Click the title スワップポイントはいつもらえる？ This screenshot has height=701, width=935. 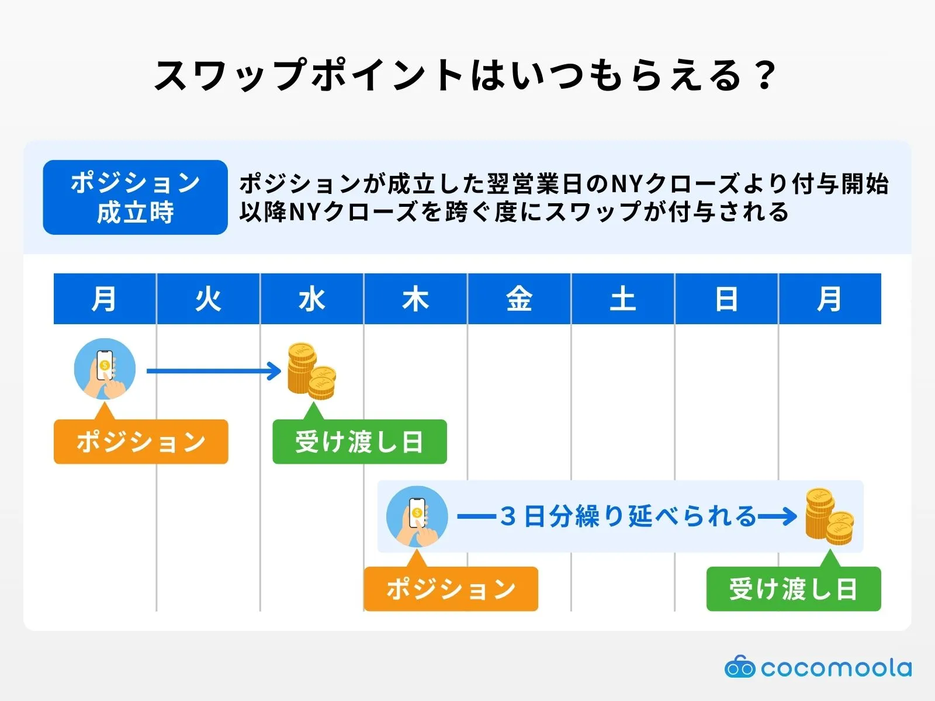(x=466, y=76)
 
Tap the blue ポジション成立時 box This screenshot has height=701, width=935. (x=135, y=197)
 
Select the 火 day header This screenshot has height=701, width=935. (x=208, y=299)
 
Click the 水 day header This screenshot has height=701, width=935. (x=311, y=299)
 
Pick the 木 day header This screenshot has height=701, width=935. (x=415, y=299)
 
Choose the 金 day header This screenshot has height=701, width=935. (x=519, y=299)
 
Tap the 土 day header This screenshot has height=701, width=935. (x=623, y=299)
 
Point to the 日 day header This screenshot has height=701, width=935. (x=726, y=299)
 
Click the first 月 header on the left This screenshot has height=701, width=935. (x=105, y=299)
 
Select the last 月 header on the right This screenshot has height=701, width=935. (x=830, y=299)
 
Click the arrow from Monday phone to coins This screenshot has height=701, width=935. (x=213, y=371)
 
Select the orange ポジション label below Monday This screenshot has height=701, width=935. (x=141, y=442)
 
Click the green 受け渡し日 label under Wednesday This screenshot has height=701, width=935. (x=359, y=442)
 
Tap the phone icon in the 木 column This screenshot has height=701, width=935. (x=417, y=516)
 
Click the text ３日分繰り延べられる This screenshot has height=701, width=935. (x=628, y=516)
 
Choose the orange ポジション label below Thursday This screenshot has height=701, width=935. (x=451, y=589)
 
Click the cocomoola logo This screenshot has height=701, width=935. (x=818, y=668)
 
